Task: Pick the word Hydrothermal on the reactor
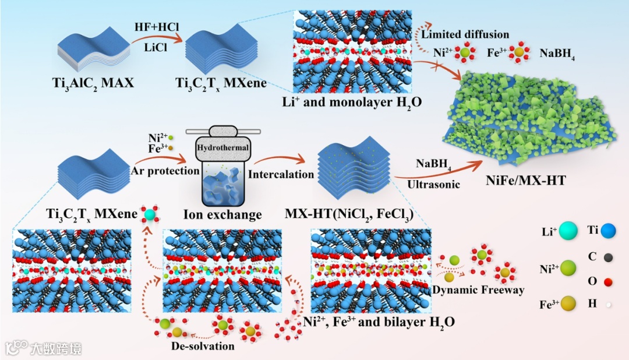(223, 148)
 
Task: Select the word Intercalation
(281, 174)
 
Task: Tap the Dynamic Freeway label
(479, 290)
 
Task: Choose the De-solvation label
(203, 346)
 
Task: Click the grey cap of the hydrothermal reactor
(224, 132)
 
